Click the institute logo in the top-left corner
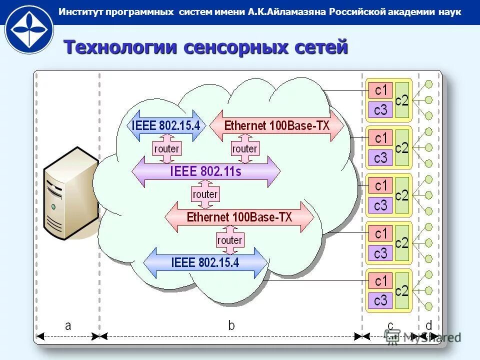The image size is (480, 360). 29,28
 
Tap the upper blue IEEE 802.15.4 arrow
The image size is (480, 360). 165,125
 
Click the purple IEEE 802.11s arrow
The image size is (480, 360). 205,171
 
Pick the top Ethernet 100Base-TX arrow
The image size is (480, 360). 277,125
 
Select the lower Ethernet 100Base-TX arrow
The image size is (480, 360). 239,217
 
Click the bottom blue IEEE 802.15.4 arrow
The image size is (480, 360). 205,262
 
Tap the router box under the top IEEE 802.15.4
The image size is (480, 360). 166,149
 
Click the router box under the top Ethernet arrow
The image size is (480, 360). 244,149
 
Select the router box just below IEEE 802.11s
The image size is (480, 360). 205,194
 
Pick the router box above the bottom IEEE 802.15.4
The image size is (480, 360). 229,240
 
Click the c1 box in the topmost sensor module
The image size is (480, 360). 381,90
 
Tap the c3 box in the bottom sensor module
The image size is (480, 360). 381,300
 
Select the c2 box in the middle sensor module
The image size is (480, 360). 402,195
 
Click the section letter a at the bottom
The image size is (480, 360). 68,325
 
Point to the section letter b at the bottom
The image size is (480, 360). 231,325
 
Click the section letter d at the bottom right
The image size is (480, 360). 428,325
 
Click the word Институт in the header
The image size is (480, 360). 81,12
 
